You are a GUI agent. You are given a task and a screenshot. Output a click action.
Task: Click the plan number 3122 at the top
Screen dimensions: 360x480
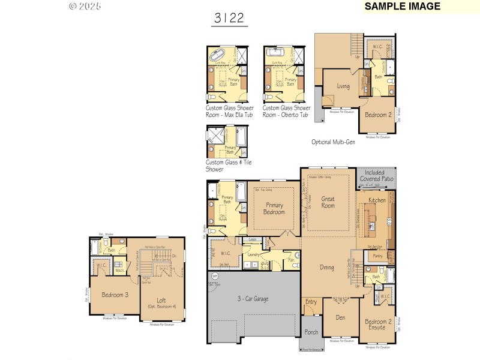[229, 18]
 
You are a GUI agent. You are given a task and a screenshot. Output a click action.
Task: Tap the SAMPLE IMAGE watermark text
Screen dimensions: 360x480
[402, 7]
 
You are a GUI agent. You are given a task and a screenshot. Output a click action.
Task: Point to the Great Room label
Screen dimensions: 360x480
[328, 203]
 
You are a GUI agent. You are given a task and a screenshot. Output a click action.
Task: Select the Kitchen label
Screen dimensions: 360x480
[377, 200]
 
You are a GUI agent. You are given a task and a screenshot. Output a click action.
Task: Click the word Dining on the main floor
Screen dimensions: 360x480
[326, 268]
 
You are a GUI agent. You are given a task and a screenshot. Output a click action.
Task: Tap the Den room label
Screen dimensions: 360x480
[340, 317]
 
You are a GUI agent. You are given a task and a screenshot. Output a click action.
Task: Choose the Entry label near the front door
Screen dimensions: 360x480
[311, 302]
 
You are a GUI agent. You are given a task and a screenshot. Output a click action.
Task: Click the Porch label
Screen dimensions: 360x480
[311, 332]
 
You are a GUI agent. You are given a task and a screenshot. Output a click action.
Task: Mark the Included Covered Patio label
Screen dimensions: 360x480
[377, 176]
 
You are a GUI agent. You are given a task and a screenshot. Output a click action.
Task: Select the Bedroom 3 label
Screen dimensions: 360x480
[115, 295]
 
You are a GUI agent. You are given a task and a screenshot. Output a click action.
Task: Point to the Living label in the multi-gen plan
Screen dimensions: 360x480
[343, 86]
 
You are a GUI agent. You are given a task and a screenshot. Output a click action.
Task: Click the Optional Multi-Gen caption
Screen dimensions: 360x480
[334, 142]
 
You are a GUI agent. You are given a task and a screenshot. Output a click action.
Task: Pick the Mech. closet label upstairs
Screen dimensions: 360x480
[119, 271]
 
